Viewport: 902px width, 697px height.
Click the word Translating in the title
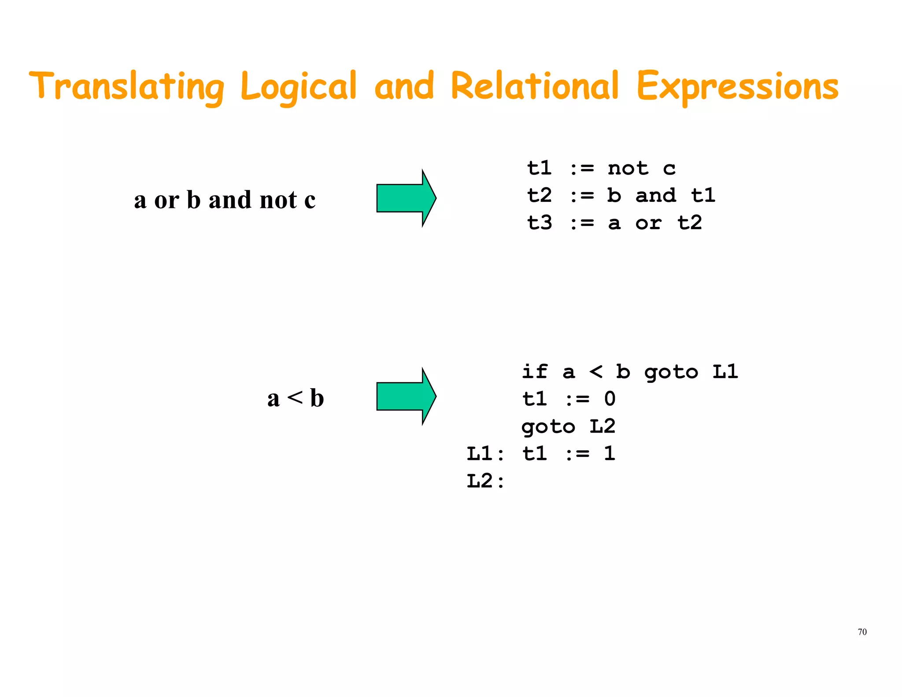127,86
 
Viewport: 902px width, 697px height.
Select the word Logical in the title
298,87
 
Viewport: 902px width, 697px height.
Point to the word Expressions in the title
737,87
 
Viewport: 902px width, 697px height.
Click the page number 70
862,632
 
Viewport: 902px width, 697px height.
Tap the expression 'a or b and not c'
225,200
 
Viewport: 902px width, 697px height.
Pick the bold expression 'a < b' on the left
296,398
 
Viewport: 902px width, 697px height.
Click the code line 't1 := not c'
601,168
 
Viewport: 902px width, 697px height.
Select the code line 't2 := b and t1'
621,196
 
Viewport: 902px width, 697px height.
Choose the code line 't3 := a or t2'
614,223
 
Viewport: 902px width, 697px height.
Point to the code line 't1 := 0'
569,399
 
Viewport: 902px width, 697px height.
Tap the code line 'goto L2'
568,426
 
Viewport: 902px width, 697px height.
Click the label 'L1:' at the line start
485,454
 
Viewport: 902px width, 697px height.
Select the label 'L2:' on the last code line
485,481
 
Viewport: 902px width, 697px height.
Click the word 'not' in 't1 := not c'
628,168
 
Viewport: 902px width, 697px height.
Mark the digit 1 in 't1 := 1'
610,453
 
